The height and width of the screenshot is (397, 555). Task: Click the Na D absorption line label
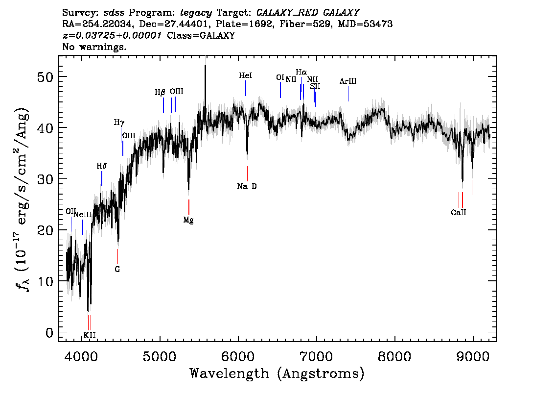247,186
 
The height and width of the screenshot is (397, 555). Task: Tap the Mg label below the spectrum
188,220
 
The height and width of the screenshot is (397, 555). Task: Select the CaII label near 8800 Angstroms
459,213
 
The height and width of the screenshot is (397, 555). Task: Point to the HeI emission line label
246,75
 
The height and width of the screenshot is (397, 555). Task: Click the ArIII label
348,81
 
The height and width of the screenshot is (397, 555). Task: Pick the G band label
117,270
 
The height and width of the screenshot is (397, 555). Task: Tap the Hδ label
102,166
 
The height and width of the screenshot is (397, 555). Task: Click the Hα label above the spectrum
301,73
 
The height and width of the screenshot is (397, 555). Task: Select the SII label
315,86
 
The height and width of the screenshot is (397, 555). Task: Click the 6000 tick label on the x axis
238,356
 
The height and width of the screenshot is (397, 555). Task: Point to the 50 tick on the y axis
45,77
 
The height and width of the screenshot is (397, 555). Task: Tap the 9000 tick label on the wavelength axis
472,356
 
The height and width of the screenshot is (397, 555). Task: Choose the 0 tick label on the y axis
49,333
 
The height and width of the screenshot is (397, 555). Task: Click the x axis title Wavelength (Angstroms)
277,373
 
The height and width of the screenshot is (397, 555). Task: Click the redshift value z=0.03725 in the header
112,35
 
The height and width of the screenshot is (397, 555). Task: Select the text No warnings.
94,47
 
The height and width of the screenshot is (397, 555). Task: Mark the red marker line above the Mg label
188,207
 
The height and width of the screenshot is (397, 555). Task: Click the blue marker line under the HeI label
246,88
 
